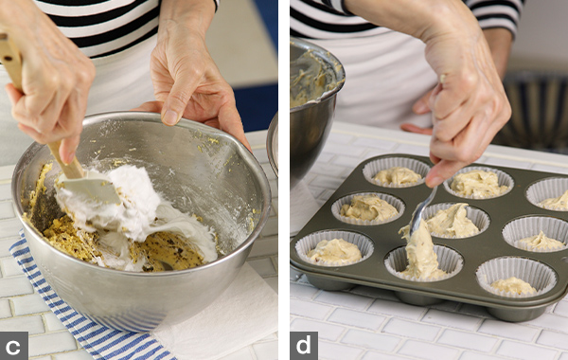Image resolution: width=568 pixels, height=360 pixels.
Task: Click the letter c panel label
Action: [13, 346]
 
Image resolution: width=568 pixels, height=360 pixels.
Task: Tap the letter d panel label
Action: [304, 346]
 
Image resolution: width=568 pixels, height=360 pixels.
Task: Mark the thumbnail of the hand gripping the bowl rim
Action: [169, 117]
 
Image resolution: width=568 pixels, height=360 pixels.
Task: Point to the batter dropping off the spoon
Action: [420, 254]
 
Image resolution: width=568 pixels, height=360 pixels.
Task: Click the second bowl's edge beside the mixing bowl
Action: [273, 145]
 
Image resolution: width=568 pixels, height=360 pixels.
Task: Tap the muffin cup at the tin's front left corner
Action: [334, 247]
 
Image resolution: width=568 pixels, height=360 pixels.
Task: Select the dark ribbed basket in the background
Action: [536, 109]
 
